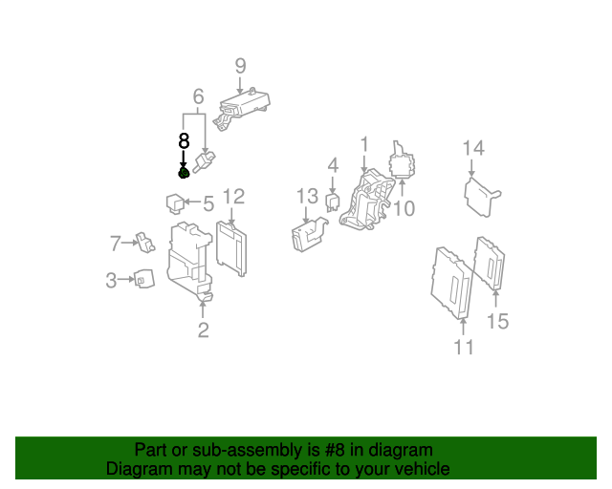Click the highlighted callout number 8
(x=184, y=140)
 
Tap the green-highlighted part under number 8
(x=184, y=173)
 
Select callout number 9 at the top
(x=240, y=66)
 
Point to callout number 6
(x=198, y=96)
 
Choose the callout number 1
(x=363, y=144)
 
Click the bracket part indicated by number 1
(x=365, y=202)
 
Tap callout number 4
(x=332, y=165)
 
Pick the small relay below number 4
(x=333, y=201)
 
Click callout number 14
(x=473, y=148)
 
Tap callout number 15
(x=497, y=321)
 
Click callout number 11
(x=463, y=347)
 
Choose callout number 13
(x=306, y=197)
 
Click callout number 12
(x=233, y=197)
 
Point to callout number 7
(x=115, y=244)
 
